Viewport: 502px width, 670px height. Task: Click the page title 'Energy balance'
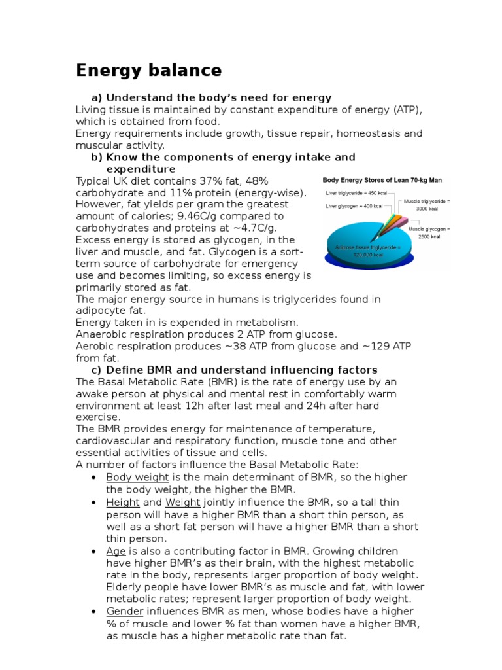149,70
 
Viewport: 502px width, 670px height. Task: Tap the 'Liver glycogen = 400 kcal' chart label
354,206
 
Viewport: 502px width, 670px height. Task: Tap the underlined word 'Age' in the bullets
115,551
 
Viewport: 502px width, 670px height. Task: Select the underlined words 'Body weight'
137,477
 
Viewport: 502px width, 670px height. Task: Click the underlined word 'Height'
123,502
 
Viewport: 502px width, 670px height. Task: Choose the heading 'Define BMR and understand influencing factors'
241,370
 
